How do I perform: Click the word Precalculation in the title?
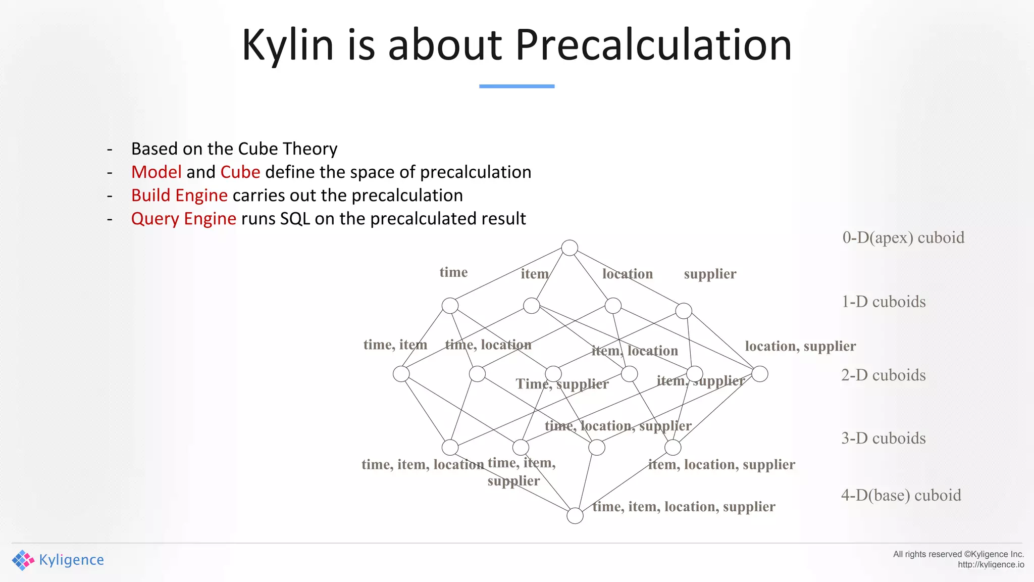coord(653,45)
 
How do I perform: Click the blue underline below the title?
coord(516,86)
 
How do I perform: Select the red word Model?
coord(156,172)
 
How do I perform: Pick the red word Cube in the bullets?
coord(240,172)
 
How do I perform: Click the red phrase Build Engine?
coord(179,196)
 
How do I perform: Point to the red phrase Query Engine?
coord(183,219)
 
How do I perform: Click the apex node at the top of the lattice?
coord(570,248)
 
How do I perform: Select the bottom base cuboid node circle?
coord(575,516)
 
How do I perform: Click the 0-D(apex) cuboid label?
coord(903,237)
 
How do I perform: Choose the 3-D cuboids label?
coord(883,438)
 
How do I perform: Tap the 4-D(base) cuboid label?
coord(901,495)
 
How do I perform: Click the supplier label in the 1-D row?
coord(710,274)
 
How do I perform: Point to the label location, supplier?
coord(800,346)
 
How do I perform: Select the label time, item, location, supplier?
coord(684,507)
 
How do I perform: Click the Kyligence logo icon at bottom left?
coord(23,560)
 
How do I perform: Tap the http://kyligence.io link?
coord(991,565)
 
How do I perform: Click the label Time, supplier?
coord(562,384)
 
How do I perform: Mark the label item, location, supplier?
coord(721,464)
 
